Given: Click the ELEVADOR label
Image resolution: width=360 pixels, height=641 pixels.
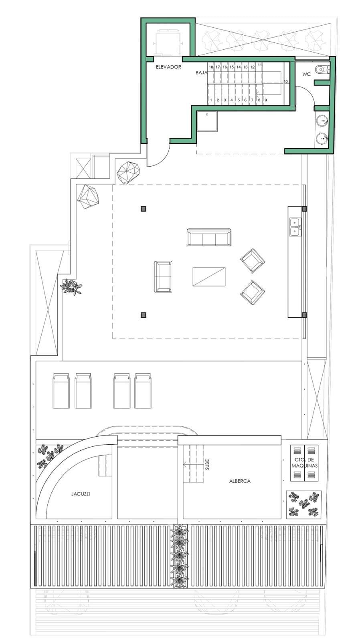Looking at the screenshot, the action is point(168,67).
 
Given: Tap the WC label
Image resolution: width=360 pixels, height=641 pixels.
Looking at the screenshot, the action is point(306,75).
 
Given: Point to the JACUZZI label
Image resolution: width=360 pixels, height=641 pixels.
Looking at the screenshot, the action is point(81,494).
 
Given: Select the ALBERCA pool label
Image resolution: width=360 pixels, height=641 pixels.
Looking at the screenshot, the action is point(240,481).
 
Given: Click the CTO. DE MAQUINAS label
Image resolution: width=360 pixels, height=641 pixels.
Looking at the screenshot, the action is point(305,463).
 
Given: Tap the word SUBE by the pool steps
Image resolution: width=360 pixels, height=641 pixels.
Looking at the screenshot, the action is point(207,464).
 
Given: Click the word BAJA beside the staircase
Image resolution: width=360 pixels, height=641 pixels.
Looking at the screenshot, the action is point(201,73).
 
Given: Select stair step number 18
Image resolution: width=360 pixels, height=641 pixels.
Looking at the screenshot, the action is point(211,67).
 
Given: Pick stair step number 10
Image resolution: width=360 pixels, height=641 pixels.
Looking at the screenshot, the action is point(286,82).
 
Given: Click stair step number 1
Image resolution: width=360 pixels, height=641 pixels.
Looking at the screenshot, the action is point(211,100).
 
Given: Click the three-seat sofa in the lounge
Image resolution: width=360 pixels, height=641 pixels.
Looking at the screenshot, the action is point(209,237).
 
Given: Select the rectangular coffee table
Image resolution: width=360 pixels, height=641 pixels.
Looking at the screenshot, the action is point(209,277).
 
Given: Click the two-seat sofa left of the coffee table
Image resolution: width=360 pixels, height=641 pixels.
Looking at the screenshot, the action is point(163,277).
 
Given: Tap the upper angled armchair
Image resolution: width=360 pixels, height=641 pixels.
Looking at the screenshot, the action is point(252,261).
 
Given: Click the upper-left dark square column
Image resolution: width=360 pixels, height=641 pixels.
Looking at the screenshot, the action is point(144,209).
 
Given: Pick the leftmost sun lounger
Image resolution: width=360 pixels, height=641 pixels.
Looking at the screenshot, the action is point(61,391).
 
